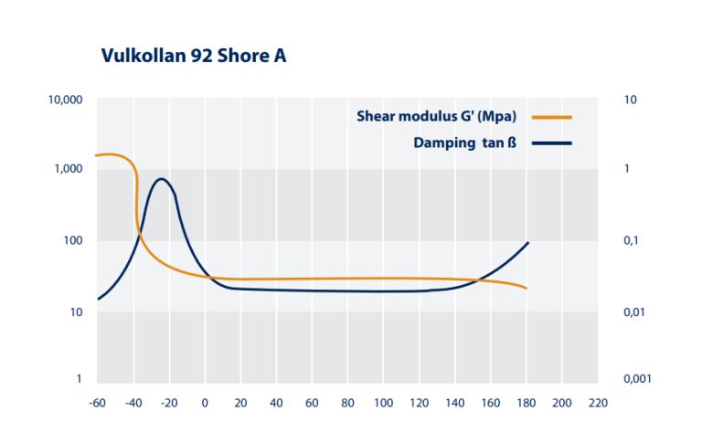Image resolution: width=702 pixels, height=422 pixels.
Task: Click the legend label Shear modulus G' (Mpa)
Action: [437, 116]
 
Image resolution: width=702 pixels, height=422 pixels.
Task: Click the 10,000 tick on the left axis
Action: [65, 99]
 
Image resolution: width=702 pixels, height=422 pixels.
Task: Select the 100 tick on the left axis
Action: [71, 241]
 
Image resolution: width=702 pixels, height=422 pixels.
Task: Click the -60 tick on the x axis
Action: [95, 402]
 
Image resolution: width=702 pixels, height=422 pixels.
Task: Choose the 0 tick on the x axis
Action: [205, 402]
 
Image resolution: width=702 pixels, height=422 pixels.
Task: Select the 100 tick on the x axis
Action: [383, 402]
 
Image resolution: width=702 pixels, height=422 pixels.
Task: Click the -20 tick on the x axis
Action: [167, 402]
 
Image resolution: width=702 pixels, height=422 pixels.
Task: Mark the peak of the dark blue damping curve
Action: [162, 179]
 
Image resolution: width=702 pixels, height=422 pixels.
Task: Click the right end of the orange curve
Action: [526, 289]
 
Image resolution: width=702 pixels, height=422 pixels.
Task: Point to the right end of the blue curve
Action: [527, 242]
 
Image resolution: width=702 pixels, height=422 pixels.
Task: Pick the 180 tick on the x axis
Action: [526, 402]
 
